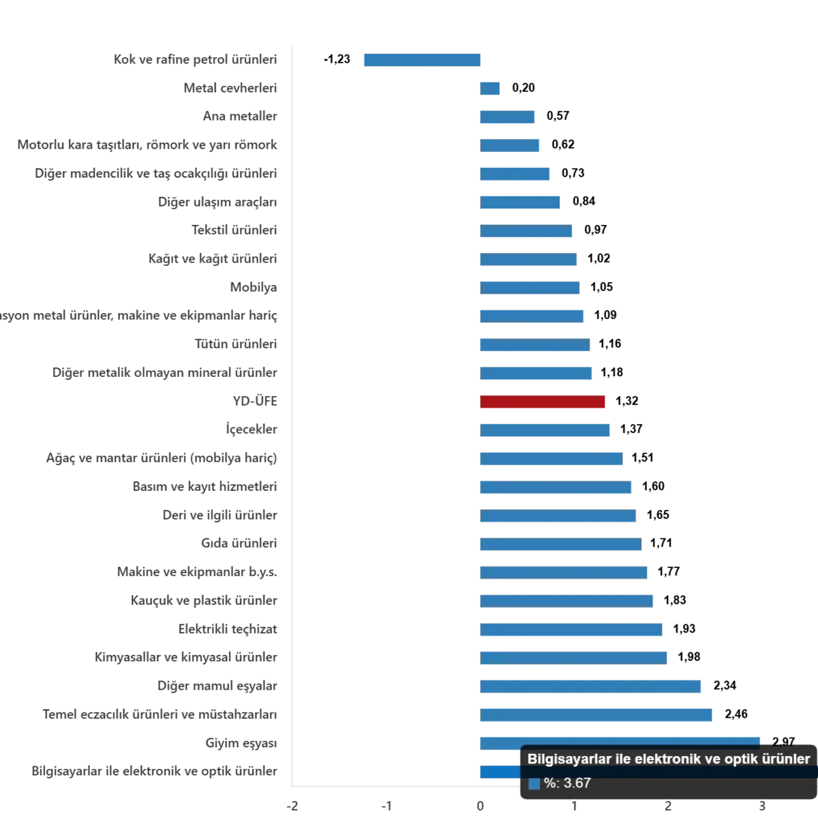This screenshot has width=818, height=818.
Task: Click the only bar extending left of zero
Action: coord(422,60)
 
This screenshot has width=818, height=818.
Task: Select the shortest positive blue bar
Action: coord(490,88)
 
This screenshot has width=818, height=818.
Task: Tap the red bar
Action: coord(544,402)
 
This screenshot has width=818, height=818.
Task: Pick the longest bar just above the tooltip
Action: coord(620,742)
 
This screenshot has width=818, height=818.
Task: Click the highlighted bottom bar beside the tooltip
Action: coord(500,772)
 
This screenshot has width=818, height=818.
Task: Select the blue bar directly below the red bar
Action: coord(545,430)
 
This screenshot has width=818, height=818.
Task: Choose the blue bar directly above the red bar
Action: coord(536,374)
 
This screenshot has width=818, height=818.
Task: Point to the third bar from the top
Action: coord(509,117)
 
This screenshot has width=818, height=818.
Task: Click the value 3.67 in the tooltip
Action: coord(577,783)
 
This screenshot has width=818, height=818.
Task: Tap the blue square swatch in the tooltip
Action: coord(534,784)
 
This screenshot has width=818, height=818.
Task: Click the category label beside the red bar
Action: coord(252,402)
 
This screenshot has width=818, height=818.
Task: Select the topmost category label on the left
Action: coord(194,59)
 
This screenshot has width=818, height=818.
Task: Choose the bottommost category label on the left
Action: coord(153,772)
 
